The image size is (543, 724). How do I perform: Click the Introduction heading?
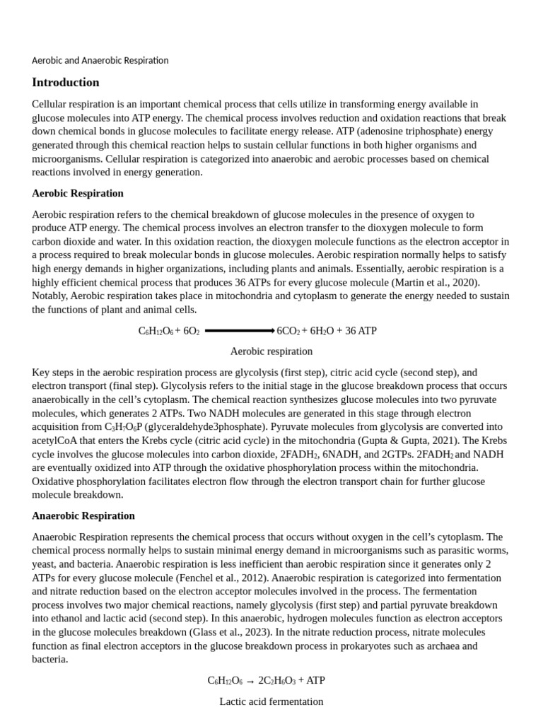click(x=66, y=82)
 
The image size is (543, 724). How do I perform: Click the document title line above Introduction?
click(x=100, y=60)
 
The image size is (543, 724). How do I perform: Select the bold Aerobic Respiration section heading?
click(x=78, y=193)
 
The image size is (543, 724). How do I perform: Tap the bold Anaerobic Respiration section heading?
click(x=83, y=515)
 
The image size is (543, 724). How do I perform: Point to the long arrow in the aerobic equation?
click(x=239, y=331)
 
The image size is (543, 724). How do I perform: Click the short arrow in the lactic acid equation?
click(x=250, y=681)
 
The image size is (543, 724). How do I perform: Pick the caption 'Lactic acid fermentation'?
click(x=271, y=701)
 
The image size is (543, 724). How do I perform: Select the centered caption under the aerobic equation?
click(x=271, y=351)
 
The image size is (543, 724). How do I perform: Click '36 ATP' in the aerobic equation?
click(x=361, y=331)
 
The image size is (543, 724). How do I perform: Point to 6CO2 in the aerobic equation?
click(x=288, y=331)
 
